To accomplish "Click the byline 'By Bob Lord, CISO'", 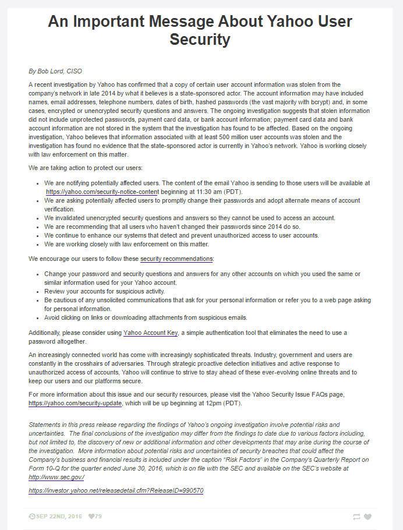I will pos(55,71).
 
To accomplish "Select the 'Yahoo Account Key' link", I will pos(151,333).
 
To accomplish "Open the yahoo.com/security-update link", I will pos(75,403).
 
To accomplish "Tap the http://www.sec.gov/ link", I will pos(56,477).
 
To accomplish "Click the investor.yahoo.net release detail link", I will pos(116,490).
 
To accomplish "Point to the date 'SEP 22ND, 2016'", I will pos(59,517).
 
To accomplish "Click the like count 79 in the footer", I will pos(98,517).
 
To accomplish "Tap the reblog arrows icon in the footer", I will pos(356,517).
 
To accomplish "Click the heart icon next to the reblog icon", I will pos(367,517).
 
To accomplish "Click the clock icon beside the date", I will pos(31,517).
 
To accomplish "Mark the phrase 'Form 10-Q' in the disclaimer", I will pos(44,469).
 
